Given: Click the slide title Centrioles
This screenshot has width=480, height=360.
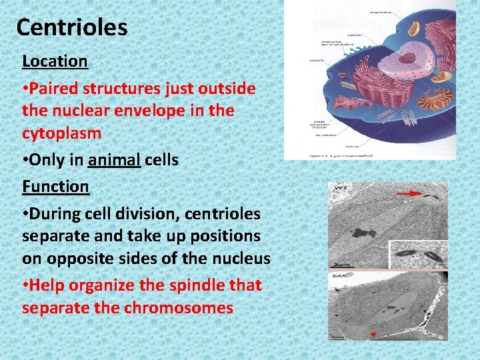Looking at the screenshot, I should (x=71, y=27).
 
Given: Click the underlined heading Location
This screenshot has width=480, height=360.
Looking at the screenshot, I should (x=55, y=61).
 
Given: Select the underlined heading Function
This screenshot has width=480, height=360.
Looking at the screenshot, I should (x=55, y=186).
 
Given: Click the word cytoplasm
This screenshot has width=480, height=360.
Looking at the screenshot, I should (x=61, y=133).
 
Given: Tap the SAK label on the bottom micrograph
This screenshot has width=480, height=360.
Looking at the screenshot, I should (x=339, y=275).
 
